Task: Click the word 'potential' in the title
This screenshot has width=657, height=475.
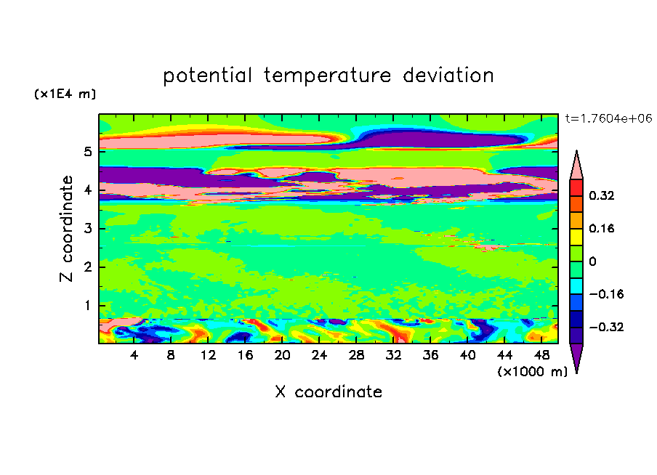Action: [207, 76]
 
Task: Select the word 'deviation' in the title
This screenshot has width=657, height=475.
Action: [448, 75]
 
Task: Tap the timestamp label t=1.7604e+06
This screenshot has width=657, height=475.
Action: [608, 118]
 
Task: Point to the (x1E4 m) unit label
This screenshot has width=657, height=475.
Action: [65, 94]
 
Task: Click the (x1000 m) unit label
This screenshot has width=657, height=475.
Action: [532, 372]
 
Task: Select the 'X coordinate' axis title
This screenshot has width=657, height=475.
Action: [328, 391]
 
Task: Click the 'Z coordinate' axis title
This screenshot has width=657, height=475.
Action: [66, 229]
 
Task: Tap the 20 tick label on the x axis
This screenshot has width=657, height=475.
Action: [282, 355]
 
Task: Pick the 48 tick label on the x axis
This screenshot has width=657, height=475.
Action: [541, 355]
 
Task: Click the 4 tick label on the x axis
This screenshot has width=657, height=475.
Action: [134, 355]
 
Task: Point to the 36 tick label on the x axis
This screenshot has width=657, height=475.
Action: [430, 355]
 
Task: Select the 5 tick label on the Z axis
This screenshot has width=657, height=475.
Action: [87, 151]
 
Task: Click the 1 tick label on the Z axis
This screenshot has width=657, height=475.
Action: [87, 305]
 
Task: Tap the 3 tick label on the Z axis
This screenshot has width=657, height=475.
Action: [87, 228]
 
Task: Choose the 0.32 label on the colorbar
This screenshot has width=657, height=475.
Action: [601, 195]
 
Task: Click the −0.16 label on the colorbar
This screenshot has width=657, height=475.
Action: [606, 294]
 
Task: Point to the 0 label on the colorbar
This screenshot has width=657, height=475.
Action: [592, 261]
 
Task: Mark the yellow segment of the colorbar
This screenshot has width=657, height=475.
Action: [576, 237]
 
